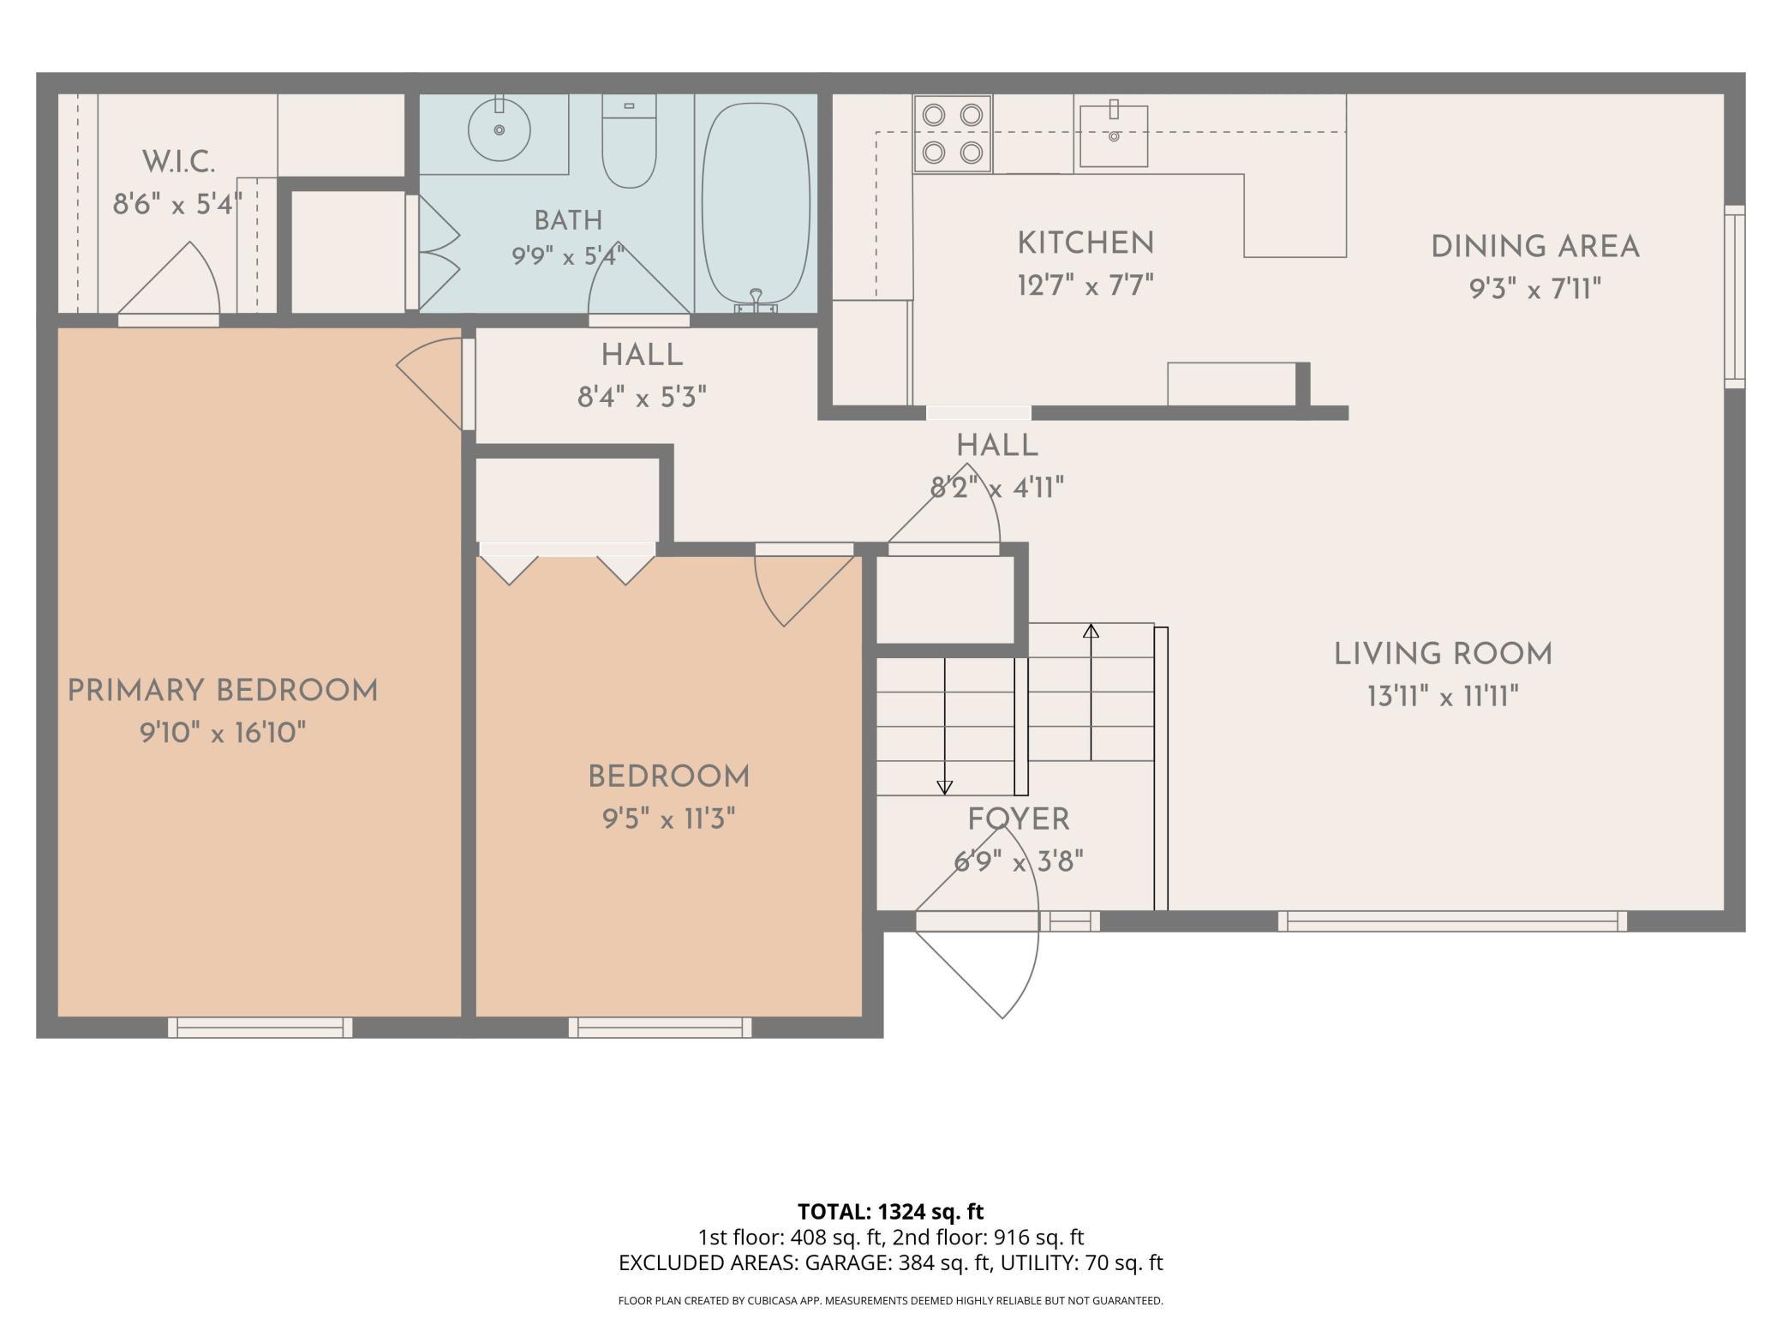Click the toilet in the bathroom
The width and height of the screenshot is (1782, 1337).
tap(629, 141)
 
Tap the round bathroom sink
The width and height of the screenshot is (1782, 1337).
tap(499, 129)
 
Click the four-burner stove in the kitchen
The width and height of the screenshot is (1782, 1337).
tap(952, 134)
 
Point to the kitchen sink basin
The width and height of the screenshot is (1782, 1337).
tap(1113, 135)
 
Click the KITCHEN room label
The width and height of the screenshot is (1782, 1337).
tap(1085, 243)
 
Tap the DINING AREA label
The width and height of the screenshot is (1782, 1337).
tap(1535, 248)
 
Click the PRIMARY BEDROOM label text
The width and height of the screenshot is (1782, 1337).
tap(223, 691)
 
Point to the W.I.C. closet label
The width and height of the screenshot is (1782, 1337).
tap(178, 161)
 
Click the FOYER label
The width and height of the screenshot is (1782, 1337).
tap(1019, 820)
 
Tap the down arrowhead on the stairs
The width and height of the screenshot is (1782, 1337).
tap(945, 788)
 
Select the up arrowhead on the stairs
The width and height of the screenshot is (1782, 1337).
tap(1091, 632)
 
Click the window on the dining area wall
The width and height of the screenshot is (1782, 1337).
tap(1734, 297)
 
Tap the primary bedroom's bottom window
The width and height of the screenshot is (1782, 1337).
tap(260, 1027)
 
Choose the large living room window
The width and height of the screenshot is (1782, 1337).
tap(1452, 921)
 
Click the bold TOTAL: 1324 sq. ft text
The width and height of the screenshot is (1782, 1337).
tap(890, 1212)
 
